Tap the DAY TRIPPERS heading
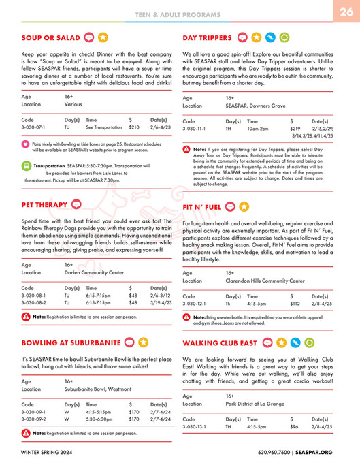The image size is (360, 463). (207, 37)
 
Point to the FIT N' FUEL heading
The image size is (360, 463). (201, 206)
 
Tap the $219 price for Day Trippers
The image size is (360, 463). (295, 128)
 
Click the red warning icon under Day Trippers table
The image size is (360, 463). (187, 149)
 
